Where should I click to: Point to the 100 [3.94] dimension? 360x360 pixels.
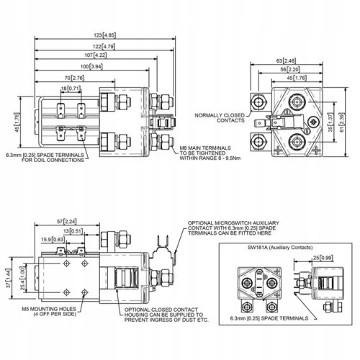[x=91, y=66]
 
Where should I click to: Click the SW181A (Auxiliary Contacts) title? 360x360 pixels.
[x=276, y=246]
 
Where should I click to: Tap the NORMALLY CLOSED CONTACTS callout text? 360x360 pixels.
[x=220, y=117]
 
